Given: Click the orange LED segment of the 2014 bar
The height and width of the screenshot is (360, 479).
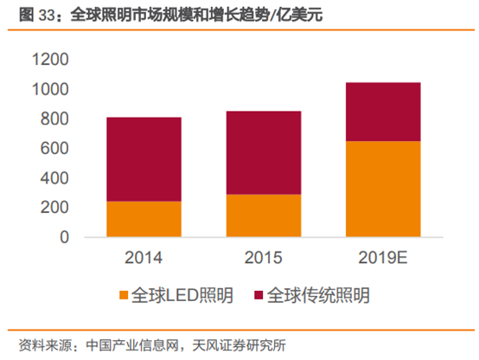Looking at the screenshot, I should (x=144, y=219).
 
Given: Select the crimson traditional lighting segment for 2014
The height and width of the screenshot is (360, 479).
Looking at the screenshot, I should (x=144, y=159).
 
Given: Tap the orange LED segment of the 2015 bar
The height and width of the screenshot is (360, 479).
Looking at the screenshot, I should (x=264, y=215).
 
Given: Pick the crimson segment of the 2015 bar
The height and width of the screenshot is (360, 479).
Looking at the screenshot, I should (x=264, y=152).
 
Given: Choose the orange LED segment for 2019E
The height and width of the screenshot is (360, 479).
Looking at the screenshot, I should (x=383, y=189).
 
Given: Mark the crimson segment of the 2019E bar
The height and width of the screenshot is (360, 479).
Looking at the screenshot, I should (x=383, y=112).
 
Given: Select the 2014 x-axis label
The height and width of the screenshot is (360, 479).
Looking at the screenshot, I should (x=144, y=258).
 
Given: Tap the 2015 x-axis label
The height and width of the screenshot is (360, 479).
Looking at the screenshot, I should (x=264, y=258).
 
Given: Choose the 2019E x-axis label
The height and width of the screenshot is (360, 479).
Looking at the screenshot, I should (x=383, y=258).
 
